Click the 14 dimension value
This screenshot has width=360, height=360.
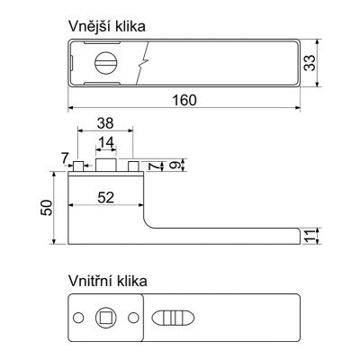tap(106, 143)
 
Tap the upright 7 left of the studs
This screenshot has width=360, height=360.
tap(66, 159)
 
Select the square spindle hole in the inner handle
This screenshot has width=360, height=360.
tap(105, 317)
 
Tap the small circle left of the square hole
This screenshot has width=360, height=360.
tap(78, 317)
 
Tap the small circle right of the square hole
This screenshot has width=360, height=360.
tap(133, 317)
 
